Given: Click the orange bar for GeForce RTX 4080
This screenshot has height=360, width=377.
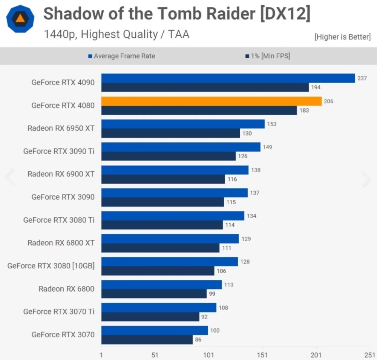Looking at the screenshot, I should [211, 101].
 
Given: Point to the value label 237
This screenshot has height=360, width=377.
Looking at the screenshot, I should [362, 78].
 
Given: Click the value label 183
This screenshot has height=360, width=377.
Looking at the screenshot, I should [304, 110].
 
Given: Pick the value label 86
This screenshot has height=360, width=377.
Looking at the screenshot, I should [198, 340].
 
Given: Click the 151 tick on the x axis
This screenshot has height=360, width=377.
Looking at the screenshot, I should [262, 355].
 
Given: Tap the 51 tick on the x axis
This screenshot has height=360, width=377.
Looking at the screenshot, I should [155, 355].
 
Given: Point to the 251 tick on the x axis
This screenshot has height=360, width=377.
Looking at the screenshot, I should [369, 355].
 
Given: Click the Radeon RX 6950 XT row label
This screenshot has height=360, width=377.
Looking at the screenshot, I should [61, 128].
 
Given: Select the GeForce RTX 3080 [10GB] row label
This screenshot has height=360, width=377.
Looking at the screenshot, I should [51, 266].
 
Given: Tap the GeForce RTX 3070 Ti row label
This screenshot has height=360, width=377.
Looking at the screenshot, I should [59, 311].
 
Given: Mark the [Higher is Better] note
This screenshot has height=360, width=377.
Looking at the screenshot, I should [342, 37].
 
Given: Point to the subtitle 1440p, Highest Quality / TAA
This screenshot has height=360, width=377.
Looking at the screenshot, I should [116, 34].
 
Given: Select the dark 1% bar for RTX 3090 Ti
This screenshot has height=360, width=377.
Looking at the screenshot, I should [169, 156].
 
